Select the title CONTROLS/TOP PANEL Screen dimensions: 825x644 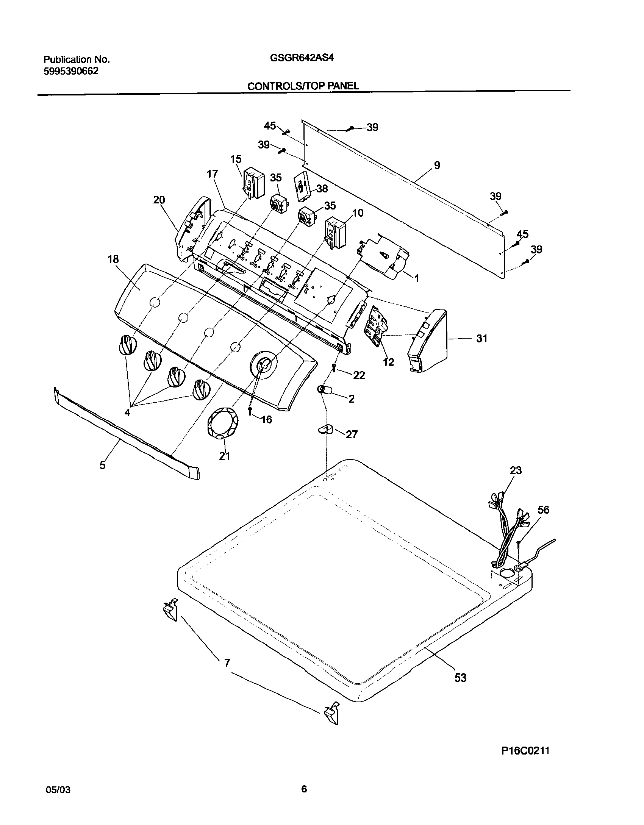click(x=303, y=86)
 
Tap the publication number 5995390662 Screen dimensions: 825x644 click(x=71, y=71)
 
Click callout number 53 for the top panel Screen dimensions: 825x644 click(x=460, y=678)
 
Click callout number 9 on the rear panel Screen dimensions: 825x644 click(x=437, y=165)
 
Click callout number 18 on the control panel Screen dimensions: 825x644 click(x=113, y=259)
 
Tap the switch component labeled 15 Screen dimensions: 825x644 click(x=253, y=183)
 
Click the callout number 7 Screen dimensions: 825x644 click(x=227, y=663)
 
